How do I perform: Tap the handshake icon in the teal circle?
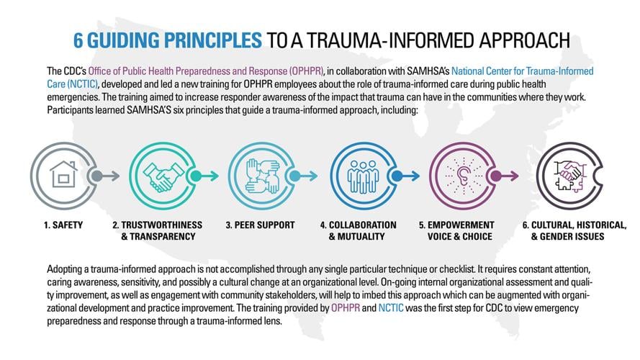(x=158, y=174)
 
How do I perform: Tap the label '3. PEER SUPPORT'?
(x=260, y=225)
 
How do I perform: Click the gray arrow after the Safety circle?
(x=108, y=174)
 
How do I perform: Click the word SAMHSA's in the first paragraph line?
(x=392, y=71)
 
